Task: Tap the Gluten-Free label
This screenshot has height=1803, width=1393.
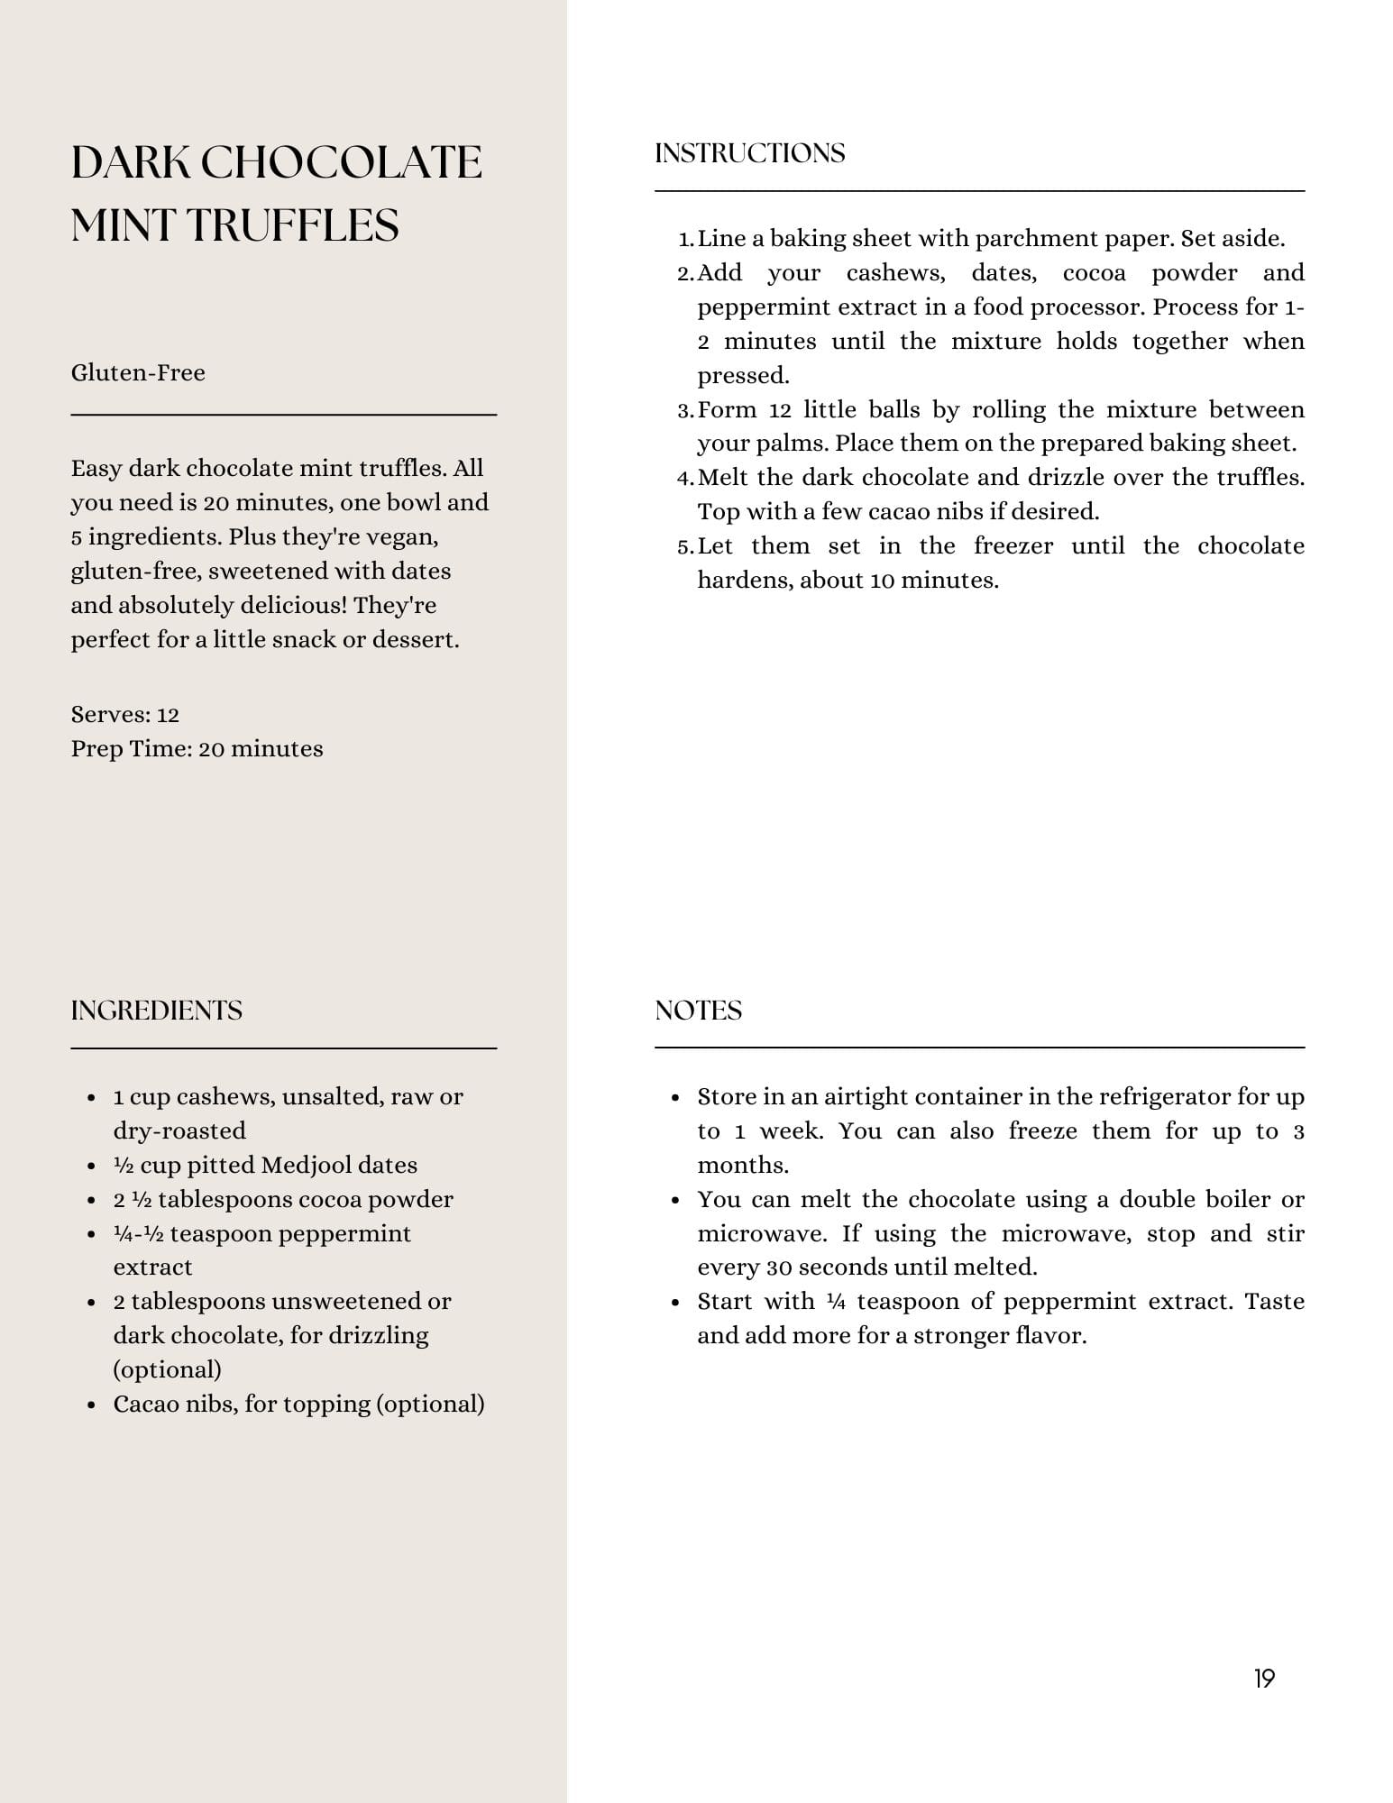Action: (x=138, y=373)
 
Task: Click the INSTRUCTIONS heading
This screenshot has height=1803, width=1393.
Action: (x=749, y=153)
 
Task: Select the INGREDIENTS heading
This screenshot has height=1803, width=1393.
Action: (x=156, y=1011)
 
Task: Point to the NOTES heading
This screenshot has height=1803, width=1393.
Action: (x=698, y=1011)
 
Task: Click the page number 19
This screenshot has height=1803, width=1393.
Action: (x=1264, y=1679)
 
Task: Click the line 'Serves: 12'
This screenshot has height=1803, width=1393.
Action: (x=124, y=715)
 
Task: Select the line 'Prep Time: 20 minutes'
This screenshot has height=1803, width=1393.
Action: (x=197, y=749)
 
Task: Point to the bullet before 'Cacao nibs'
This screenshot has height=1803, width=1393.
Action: (x=91, y=1405)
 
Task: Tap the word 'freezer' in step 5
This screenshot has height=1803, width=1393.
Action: (x=1013, y=546)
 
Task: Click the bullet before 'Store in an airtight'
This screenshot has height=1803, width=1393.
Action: (x=675, y=1098)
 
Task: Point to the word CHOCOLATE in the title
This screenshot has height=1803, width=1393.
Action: (x=341, y=163)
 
